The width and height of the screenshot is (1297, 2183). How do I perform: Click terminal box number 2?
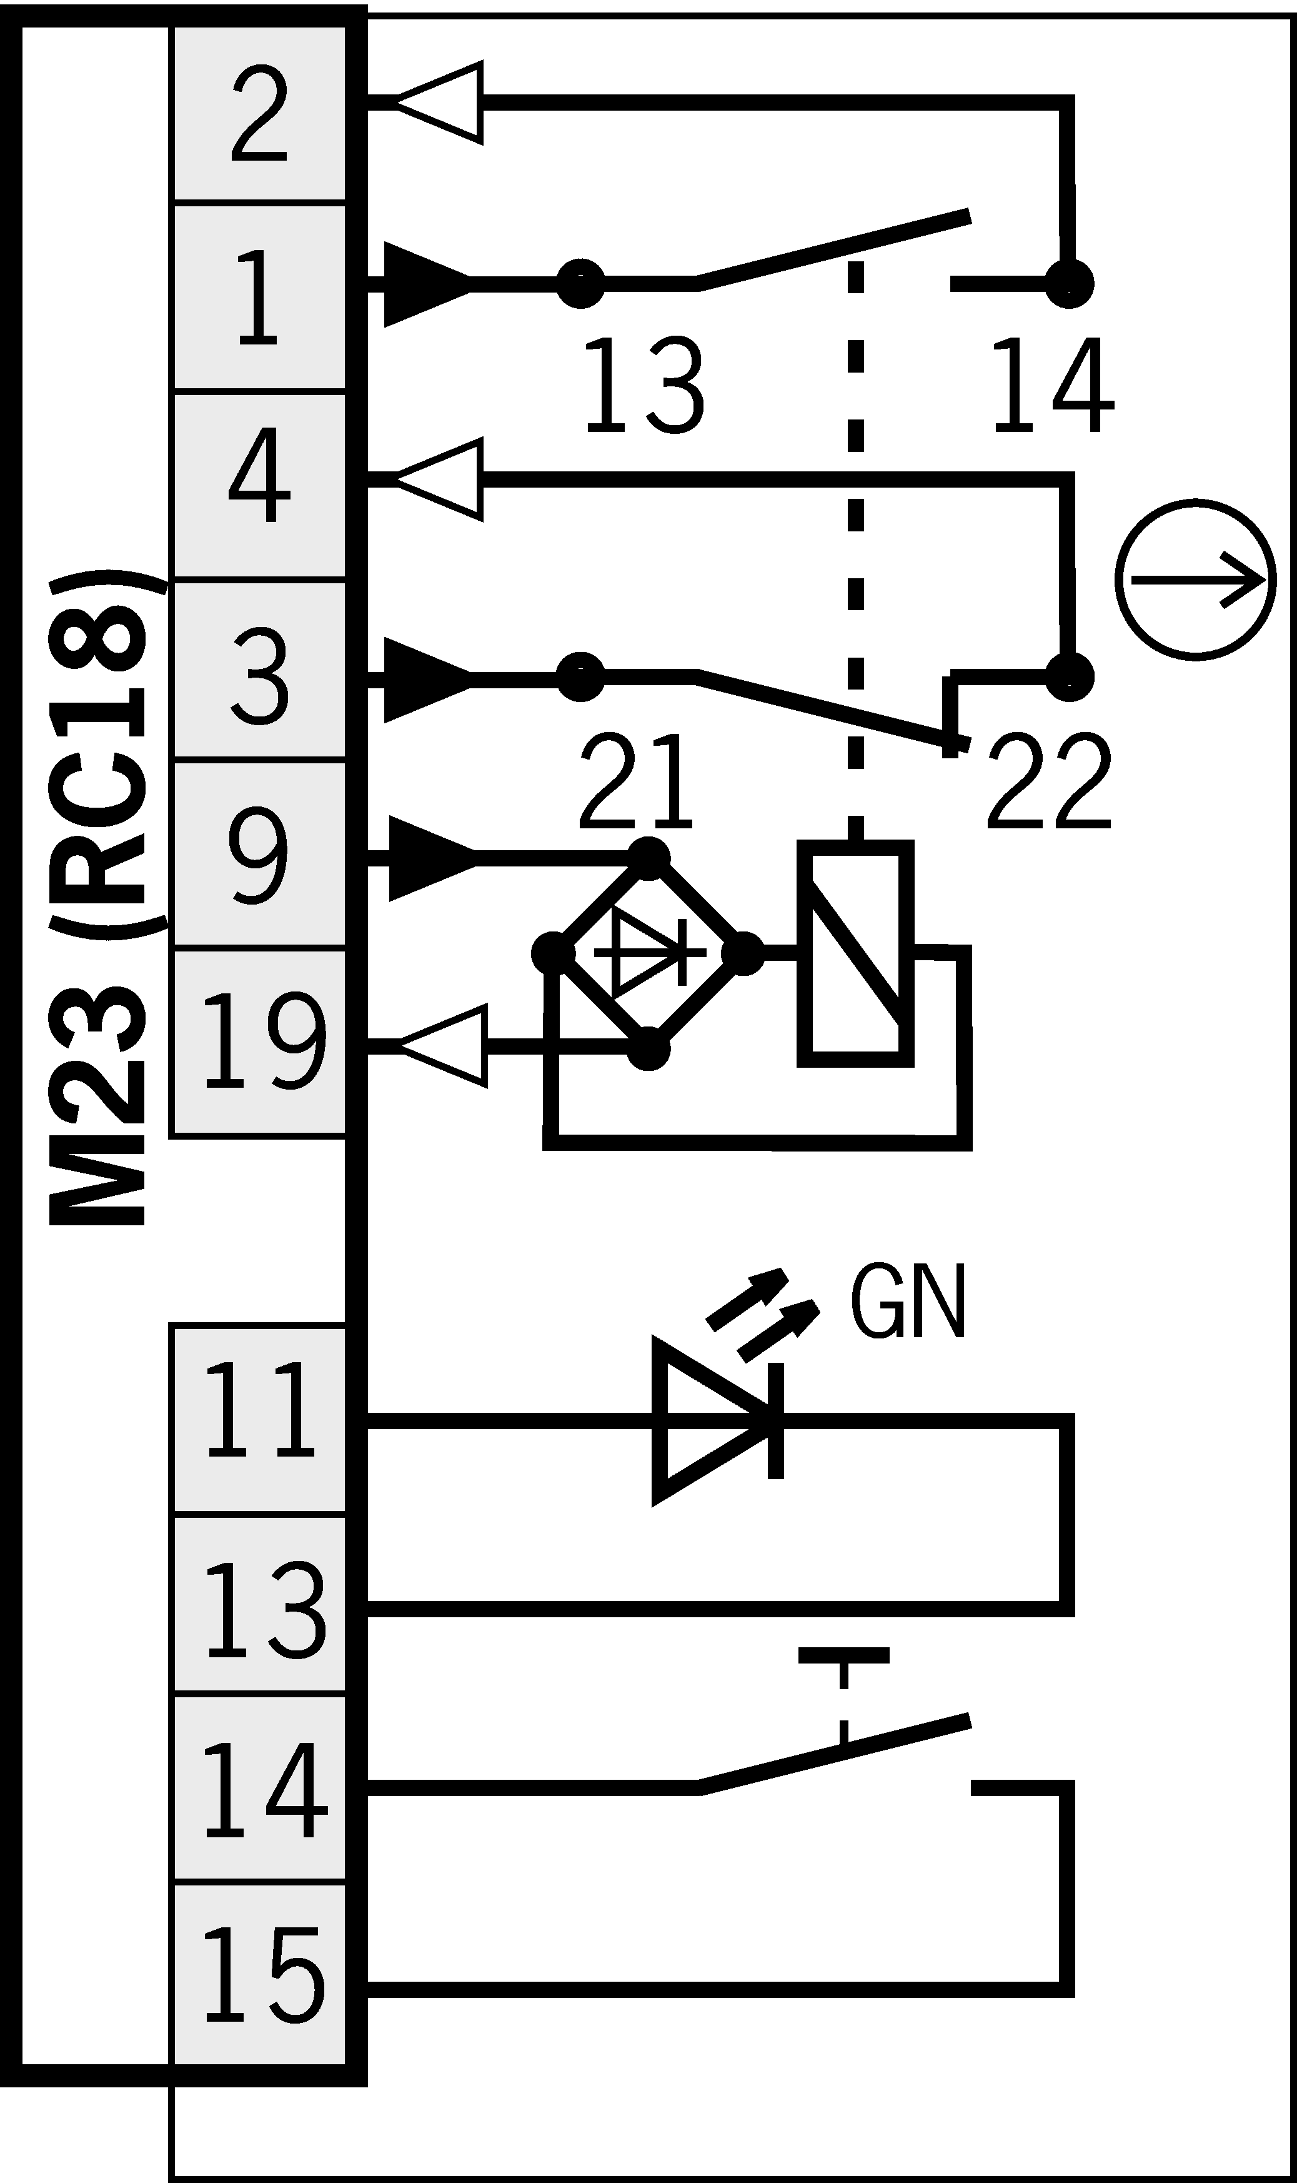coord(259,114)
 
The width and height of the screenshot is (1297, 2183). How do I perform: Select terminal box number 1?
coord(259,296)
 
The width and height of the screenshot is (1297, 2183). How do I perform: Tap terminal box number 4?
coord(259,485)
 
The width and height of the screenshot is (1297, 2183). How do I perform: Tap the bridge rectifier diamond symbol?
coord(648,953)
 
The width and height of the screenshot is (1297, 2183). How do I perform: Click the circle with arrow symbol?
coord(1195,580)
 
